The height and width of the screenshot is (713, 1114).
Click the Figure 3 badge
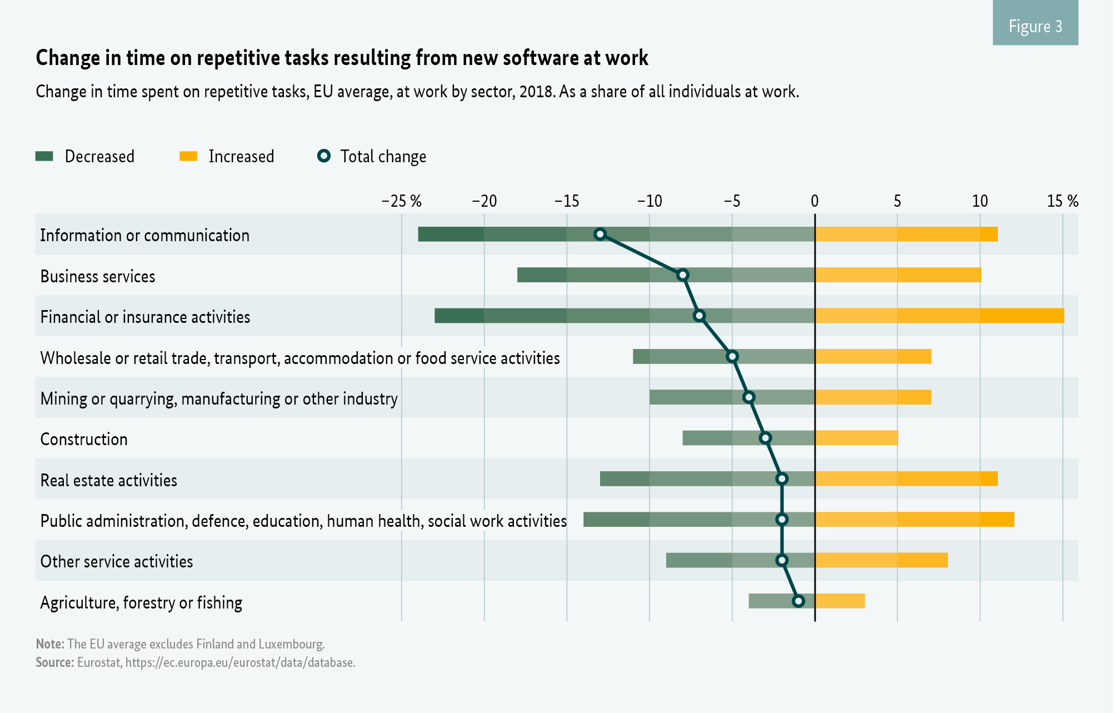pos(1035,26)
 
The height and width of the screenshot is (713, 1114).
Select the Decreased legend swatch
pos(44,156)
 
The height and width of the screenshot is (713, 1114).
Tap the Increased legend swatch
pos(188,156)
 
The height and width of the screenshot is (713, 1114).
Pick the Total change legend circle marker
pos(324,156)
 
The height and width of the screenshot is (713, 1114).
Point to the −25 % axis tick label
pos(401,201)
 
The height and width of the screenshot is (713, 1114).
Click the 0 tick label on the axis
pos(815,201)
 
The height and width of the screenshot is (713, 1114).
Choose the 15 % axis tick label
pos(1062,201)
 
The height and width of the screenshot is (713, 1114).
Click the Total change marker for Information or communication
pos(600,234)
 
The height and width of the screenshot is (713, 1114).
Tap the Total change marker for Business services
pos(683,275)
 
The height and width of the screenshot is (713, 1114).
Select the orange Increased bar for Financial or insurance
pos(939,316)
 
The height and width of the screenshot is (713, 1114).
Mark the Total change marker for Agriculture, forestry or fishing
pos(798,601)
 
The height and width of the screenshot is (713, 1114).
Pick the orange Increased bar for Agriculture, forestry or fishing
pos(840,601)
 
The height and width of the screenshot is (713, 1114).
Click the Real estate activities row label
pos(109,480)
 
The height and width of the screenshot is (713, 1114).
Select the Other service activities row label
pos(117,561)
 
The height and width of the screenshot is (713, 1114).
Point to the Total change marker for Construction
pos(766,438)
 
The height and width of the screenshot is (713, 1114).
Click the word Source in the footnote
pos(54,662)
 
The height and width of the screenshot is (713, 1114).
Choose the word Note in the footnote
pos(50,644)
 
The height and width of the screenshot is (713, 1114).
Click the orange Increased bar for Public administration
pos(915,520)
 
